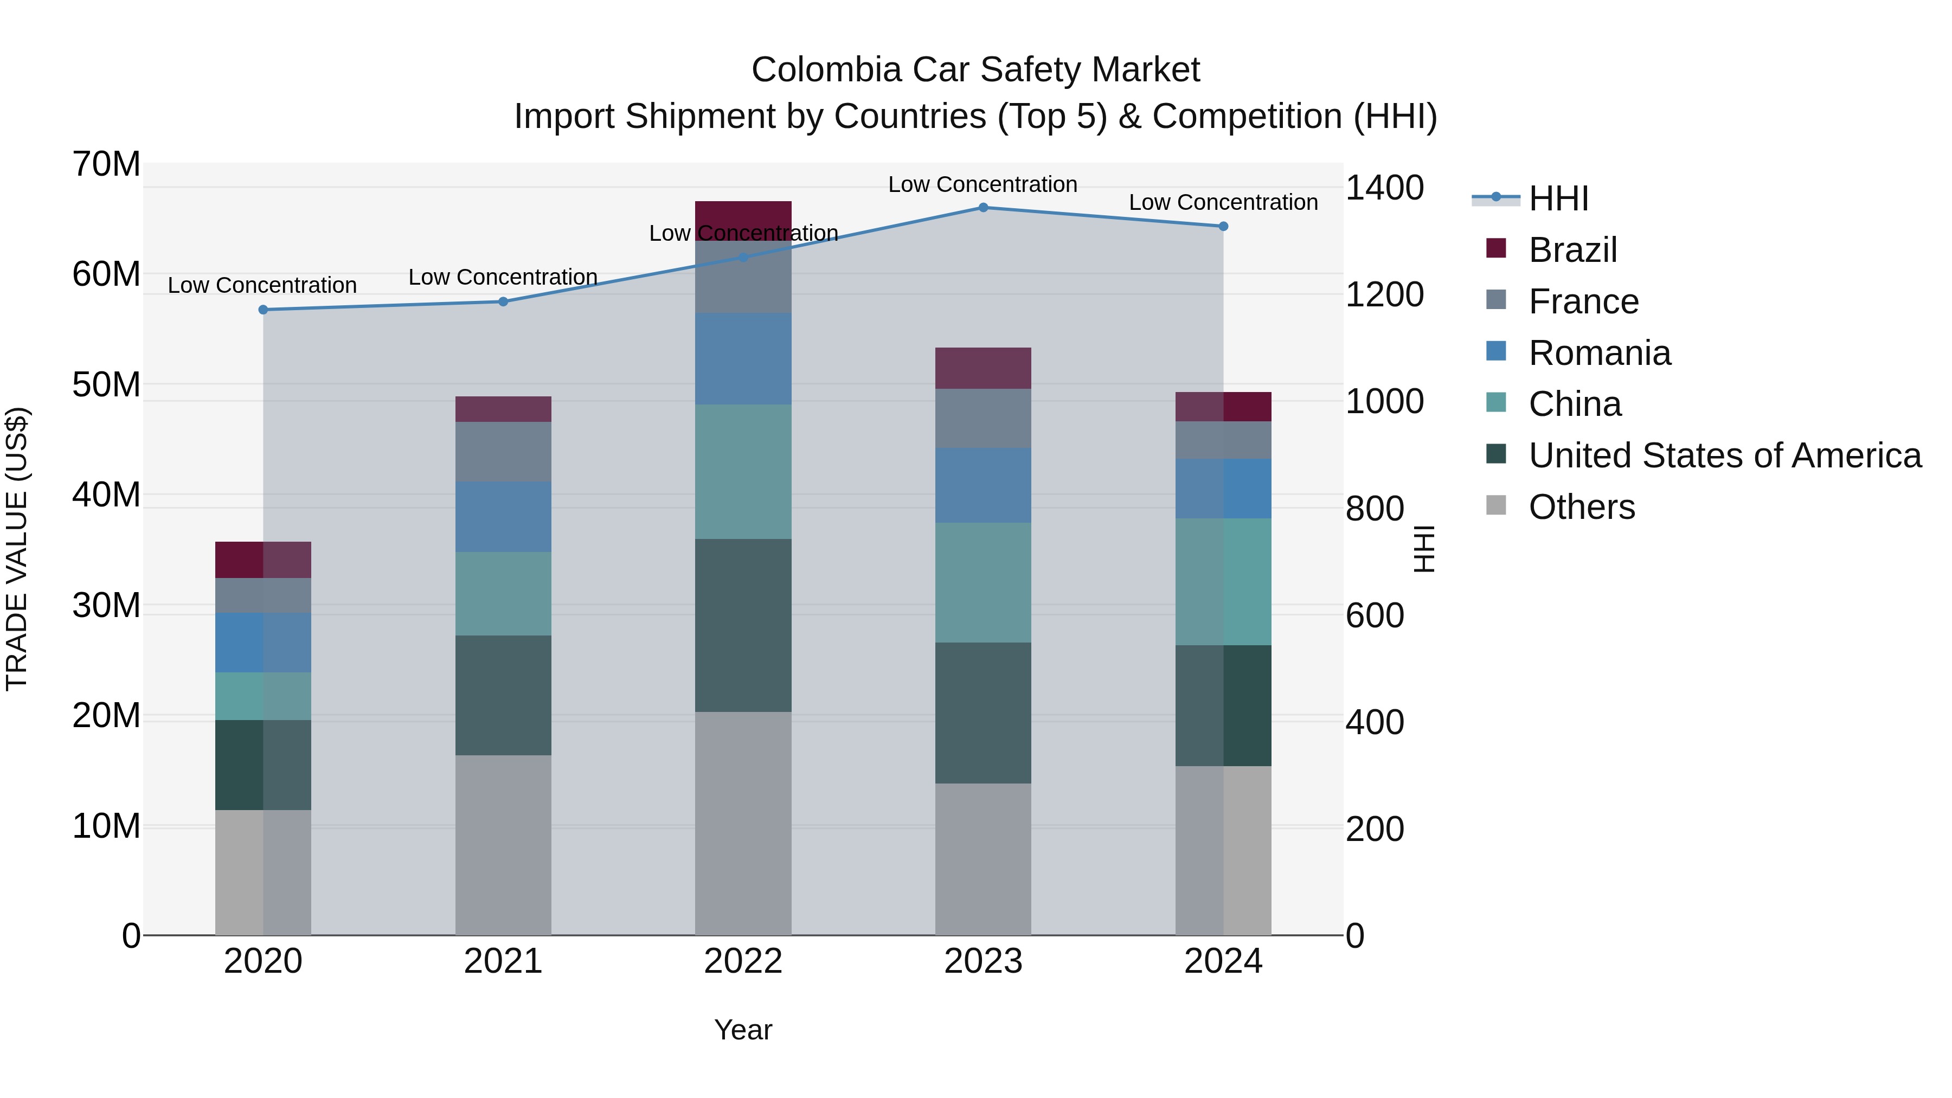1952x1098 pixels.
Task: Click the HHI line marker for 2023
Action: point(983,208)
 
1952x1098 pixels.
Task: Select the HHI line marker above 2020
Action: point(263,310)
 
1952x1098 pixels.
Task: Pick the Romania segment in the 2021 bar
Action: point(503,517)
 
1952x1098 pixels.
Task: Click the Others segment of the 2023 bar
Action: point(983,859)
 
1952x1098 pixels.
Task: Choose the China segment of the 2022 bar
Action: point(743,471)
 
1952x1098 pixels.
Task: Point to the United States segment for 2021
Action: point(503,695)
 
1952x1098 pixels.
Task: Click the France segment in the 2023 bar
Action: point(983,418)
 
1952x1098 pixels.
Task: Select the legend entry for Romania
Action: point(1599,353)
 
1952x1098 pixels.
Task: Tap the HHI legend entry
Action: point(1557,198)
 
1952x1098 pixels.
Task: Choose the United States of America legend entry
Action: point(1724,455)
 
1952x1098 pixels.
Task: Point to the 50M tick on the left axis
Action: point(106,385)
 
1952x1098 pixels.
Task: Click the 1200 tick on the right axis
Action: point(1384,295)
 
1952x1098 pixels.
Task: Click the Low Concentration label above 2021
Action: point(503,277)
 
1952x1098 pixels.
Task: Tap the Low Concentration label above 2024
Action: point(1223,202)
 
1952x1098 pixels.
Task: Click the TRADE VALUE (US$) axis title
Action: point(17,549)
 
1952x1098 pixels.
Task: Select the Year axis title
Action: point(743,1030)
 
